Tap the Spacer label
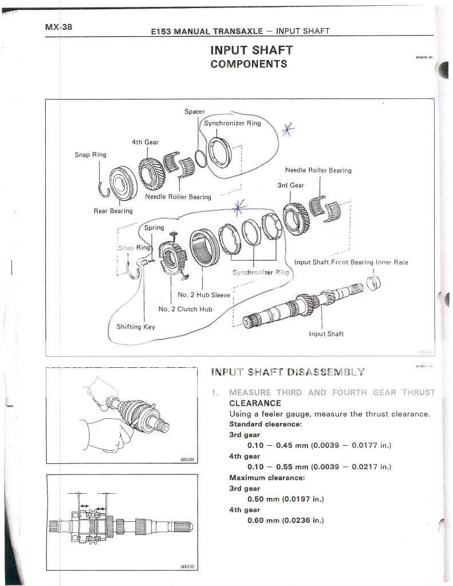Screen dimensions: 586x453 [194, 111]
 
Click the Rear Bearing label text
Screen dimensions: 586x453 [112, 211]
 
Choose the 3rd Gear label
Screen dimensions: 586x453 [290, 185]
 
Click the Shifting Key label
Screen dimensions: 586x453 [136, 327]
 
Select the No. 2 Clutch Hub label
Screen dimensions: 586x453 [185, 309]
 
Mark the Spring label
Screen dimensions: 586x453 [154, 227]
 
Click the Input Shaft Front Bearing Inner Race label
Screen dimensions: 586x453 [351, 262]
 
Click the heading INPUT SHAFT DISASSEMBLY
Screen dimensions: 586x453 [287, 372]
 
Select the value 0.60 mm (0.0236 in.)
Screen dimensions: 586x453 [285, 520]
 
